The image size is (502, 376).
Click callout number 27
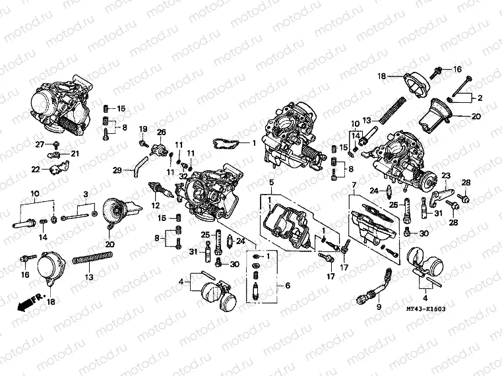click(40, 144)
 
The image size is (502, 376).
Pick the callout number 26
click(161, 132)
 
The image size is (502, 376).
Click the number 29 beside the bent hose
click(117, 170)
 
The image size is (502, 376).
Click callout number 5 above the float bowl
click(269, 181)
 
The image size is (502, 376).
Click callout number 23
click(446, 175)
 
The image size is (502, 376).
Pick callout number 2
click(480, 98)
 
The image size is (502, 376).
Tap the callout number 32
click(183, 175)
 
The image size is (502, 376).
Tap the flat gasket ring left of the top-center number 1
click(225, 142)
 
